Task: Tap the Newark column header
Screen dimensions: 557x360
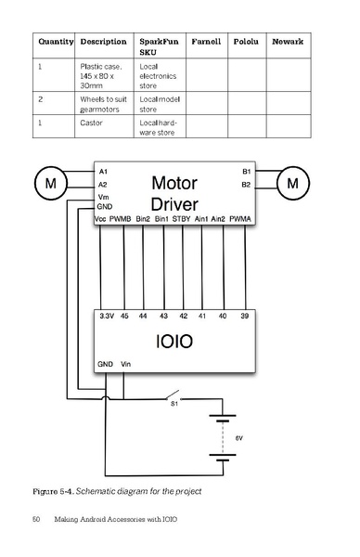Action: (x=288, y=42)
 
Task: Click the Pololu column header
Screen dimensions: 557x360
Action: (x=246, y=42)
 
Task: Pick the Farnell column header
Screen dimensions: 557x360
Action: (x=205, y=42)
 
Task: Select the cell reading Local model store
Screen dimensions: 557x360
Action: (x=159, y=102)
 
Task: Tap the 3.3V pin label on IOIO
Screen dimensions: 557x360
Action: (x=107, y=317)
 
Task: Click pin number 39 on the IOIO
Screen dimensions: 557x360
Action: (x=244, y=317)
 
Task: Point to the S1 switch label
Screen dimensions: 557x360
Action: (x=173, y=404)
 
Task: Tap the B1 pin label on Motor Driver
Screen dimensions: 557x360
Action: (x=246, y=172)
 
